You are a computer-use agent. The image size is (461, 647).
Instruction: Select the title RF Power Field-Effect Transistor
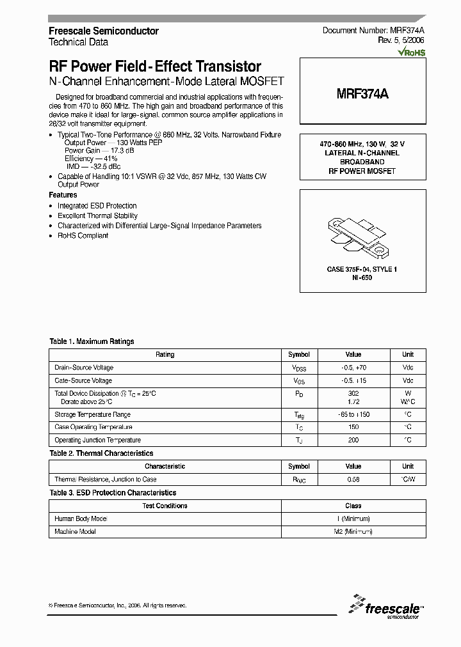coord(155,66)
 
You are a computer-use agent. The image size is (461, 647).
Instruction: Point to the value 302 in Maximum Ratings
coord(353,394)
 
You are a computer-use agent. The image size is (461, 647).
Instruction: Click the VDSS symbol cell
coord(299,368)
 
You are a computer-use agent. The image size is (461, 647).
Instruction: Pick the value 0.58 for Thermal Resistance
coord(353,479)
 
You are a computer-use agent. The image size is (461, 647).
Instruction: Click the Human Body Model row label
coord(81,518)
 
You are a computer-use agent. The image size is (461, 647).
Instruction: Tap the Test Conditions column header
coord(165,506)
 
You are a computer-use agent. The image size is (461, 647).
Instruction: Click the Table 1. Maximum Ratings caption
coord(92,342)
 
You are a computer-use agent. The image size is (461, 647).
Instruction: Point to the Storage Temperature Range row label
coord(93,414)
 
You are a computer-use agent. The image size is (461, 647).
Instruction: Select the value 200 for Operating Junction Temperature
coord(353,440)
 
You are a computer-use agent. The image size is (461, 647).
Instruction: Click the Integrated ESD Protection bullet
coord(97,206)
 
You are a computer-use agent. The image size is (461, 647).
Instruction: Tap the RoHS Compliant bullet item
coord(83,235)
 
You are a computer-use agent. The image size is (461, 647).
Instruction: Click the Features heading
coord(63,195)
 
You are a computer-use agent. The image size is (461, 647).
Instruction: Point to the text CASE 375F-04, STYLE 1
coord(362,269)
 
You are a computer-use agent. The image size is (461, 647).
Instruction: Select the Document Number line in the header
coord(373,31)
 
